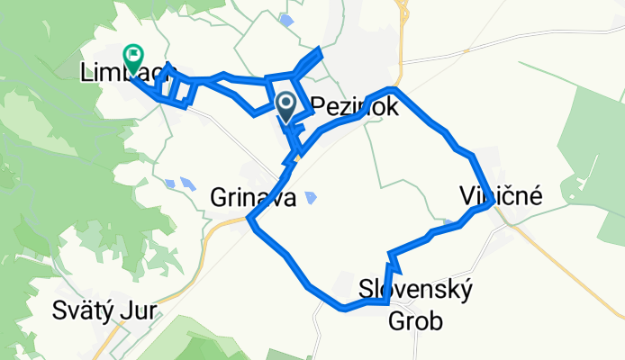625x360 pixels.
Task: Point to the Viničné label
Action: (500, 194)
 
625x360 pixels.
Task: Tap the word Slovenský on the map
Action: (415, 290)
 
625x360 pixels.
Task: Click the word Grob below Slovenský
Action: (415, 320)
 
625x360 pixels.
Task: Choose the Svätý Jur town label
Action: (105, 311)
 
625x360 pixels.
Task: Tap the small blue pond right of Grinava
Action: (311, 196)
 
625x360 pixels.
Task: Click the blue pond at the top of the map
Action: (286, 20)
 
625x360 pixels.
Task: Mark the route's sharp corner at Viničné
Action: (492, 204)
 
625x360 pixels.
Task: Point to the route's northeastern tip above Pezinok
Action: (320, 49)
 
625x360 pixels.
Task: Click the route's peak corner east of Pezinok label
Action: (391, 90)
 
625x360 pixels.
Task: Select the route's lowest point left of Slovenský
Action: (345, 308)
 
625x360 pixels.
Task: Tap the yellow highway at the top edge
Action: (402, 11)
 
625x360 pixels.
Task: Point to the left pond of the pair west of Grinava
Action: (170, 184)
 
